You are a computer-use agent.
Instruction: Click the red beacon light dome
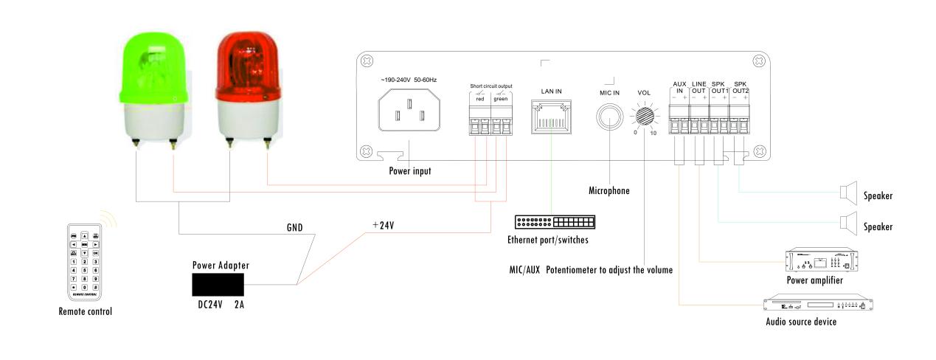click(247, 66)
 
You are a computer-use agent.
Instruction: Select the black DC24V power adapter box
click(218, 284)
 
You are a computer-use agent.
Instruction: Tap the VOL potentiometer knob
click(645, 117)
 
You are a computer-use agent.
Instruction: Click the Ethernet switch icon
click(555, 222)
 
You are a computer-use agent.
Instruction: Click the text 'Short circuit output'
click(490, 86)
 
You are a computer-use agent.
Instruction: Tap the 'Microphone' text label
click(609, 190)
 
